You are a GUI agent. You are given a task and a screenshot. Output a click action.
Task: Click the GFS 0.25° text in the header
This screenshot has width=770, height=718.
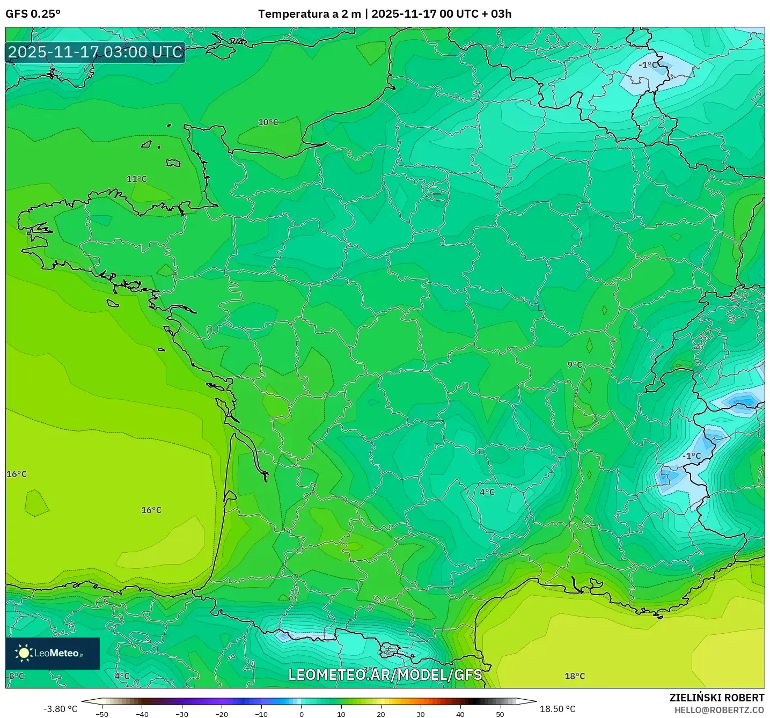(x=33, y=14)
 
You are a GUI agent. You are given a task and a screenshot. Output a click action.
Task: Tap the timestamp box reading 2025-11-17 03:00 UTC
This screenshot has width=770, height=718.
(x=96, y=52)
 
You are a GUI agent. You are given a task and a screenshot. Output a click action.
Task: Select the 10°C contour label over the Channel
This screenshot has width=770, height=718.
(x=268, y=122)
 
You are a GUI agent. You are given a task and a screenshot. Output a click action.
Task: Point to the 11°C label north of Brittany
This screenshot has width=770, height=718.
(x=136, y=179)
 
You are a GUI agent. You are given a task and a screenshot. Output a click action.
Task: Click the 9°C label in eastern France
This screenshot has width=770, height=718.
(x=575, y=365)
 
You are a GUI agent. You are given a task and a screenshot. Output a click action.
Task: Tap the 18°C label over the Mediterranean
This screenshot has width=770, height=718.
(x=575, y=676)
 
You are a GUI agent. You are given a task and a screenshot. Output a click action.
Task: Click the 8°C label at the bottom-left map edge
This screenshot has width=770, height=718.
(x=17, y=676)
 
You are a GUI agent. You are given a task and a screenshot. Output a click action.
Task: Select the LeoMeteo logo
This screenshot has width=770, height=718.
(x=53, y=653)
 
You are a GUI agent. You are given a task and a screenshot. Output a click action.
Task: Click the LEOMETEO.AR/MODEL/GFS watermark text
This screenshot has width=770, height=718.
(x=385, y=675)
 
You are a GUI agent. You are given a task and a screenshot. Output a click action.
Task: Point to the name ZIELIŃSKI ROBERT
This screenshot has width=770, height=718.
(x=716, y=698)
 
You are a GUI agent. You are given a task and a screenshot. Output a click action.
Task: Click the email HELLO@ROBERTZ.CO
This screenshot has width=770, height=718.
(x=719, y=710)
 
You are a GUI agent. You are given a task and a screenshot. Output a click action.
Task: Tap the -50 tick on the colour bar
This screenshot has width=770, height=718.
(x=102, y=714)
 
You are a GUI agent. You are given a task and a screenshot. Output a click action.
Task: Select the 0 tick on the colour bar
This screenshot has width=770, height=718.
(x=301, y=714)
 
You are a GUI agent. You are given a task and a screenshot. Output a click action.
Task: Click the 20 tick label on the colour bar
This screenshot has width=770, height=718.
(x=380, y=714)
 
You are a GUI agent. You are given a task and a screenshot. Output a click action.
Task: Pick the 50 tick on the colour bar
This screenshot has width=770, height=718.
(x=500, y=714)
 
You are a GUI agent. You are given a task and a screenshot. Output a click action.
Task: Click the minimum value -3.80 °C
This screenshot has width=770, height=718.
(x=60, y=709)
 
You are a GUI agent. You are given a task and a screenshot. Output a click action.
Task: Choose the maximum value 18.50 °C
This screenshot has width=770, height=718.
(x=558, y=709)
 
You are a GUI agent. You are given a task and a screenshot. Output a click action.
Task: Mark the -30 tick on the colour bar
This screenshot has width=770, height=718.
(x=182, y=714)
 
